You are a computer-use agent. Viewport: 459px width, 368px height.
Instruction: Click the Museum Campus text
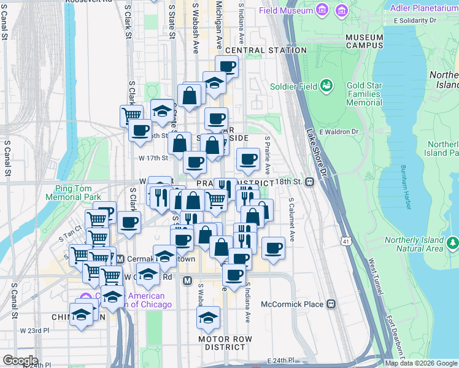(364, 41)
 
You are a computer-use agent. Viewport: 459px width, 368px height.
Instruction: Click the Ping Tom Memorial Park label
(72, 193)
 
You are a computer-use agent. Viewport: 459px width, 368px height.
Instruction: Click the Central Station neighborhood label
(266, 50)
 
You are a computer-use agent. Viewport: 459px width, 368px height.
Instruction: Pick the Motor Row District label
(226, 343)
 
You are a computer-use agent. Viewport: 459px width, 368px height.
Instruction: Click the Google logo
(21, 361)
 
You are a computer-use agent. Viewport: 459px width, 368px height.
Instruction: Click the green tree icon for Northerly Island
(453, 243)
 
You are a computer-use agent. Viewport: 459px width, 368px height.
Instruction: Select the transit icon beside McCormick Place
(331, 304)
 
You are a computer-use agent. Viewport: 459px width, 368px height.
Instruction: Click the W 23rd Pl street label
(34, 330)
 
